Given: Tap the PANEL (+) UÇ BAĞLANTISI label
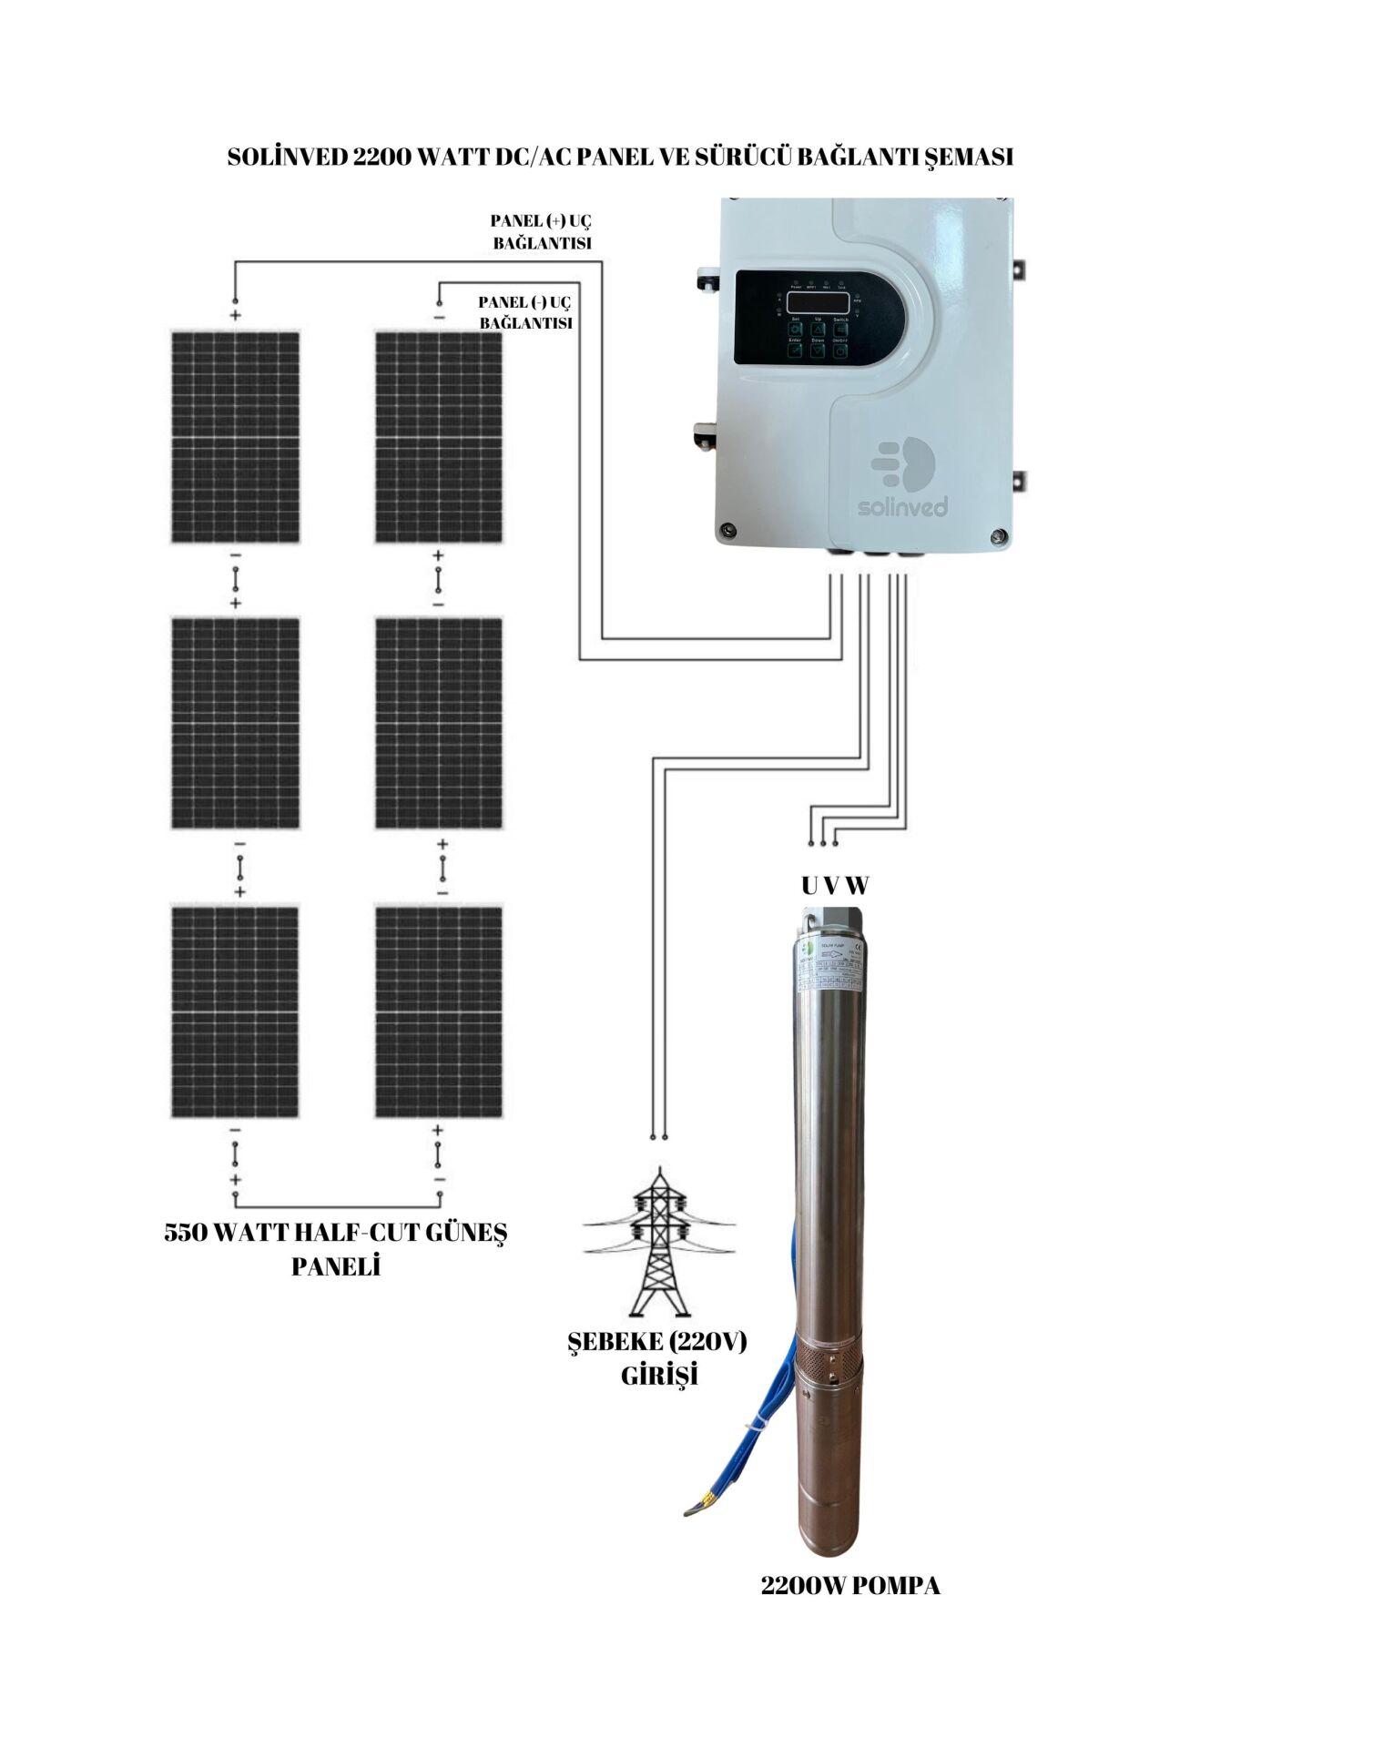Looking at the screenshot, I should pyautogui.click(x=542, y=232).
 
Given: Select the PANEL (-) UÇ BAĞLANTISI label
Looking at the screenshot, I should pyautogui.click(x=526, y=312).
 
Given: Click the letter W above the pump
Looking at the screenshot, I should pyautogui.click(x=858, y=885).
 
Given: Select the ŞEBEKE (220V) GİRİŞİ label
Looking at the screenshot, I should pyautogui.click(x=658, y=1357).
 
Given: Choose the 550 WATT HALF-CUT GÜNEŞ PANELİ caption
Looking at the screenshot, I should pyautogui.click(x=336, y=1249).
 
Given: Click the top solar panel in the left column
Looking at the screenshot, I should pyautogui.click(x=236, y=438).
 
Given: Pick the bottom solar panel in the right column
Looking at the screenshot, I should pyautogui.click(x=439, y=1011).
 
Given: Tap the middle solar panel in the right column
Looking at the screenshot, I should pyautogui.click(x=439, y=724).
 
